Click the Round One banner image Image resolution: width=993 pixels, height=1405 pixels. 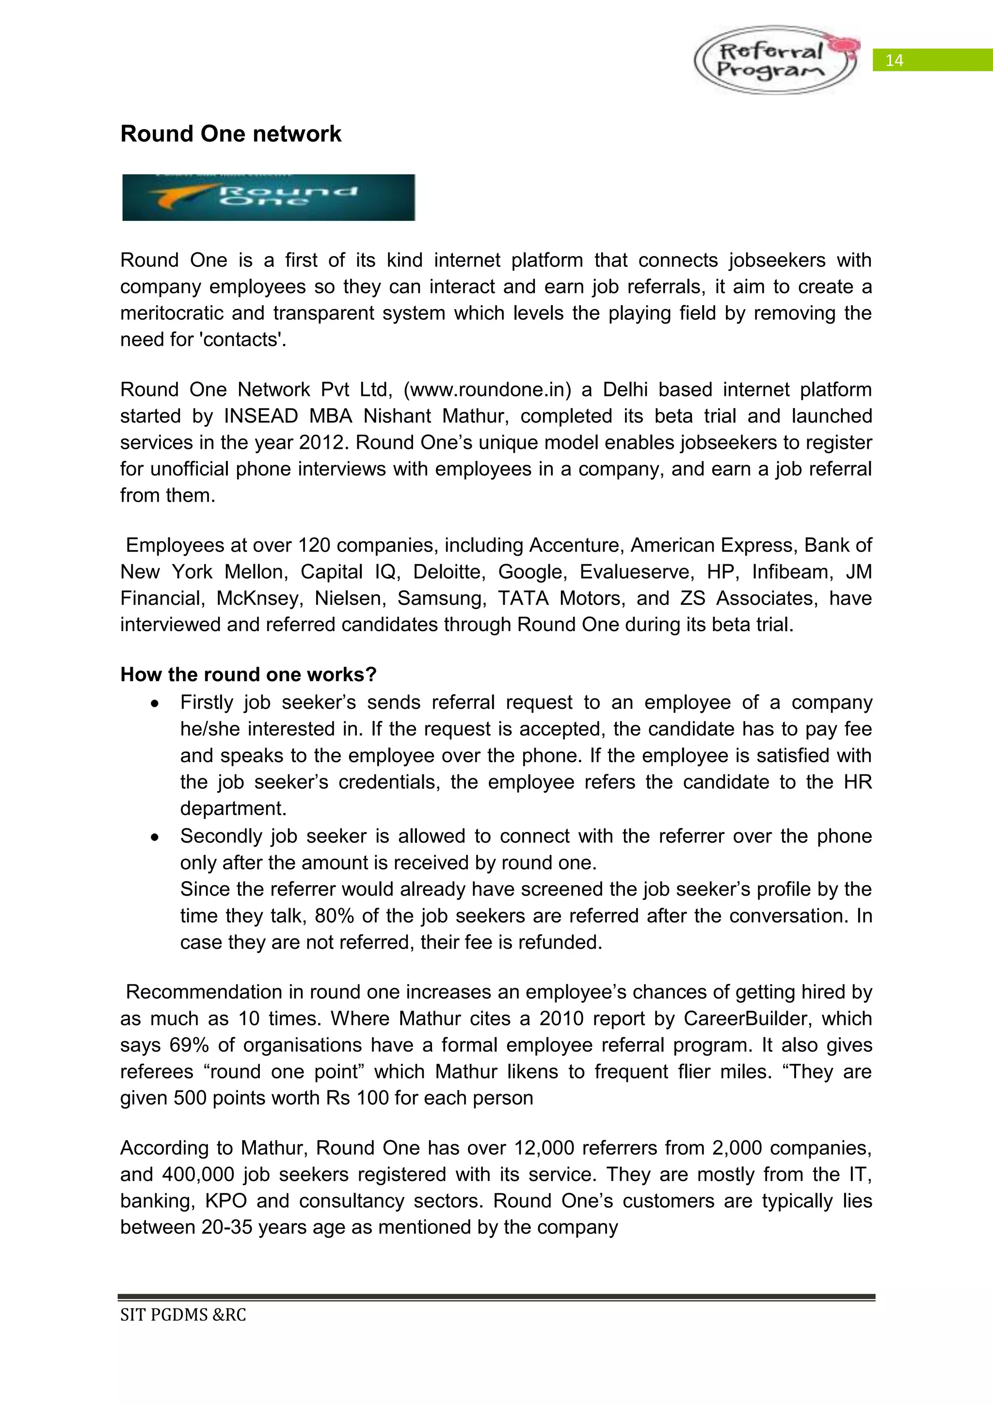point(269,197)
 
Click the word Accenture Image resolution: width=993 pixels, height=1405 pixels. point(577,545)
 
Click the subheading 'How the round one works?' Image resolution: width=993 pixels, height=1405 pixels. point(248,674)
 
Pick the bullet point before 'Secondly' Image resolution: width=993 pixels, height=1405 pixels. point(156,837)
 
